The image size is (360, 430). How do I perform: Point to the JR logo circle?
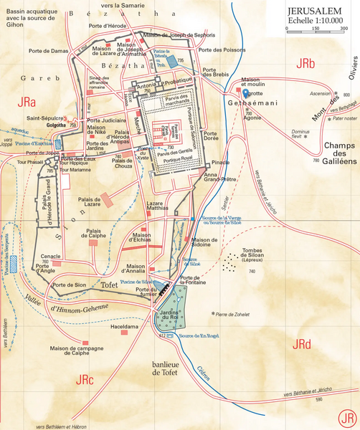click(x=348, y=418)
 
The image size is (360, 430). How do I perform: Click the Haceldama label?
click(x=118, y=325)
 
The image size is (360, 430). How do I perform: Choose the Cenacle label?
click(x=50, y=256)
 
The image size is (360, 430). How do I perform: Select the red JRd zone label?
click(x=303, y=345)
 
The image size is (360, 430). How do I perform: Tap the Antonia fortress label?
click(x=146, y=90)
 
